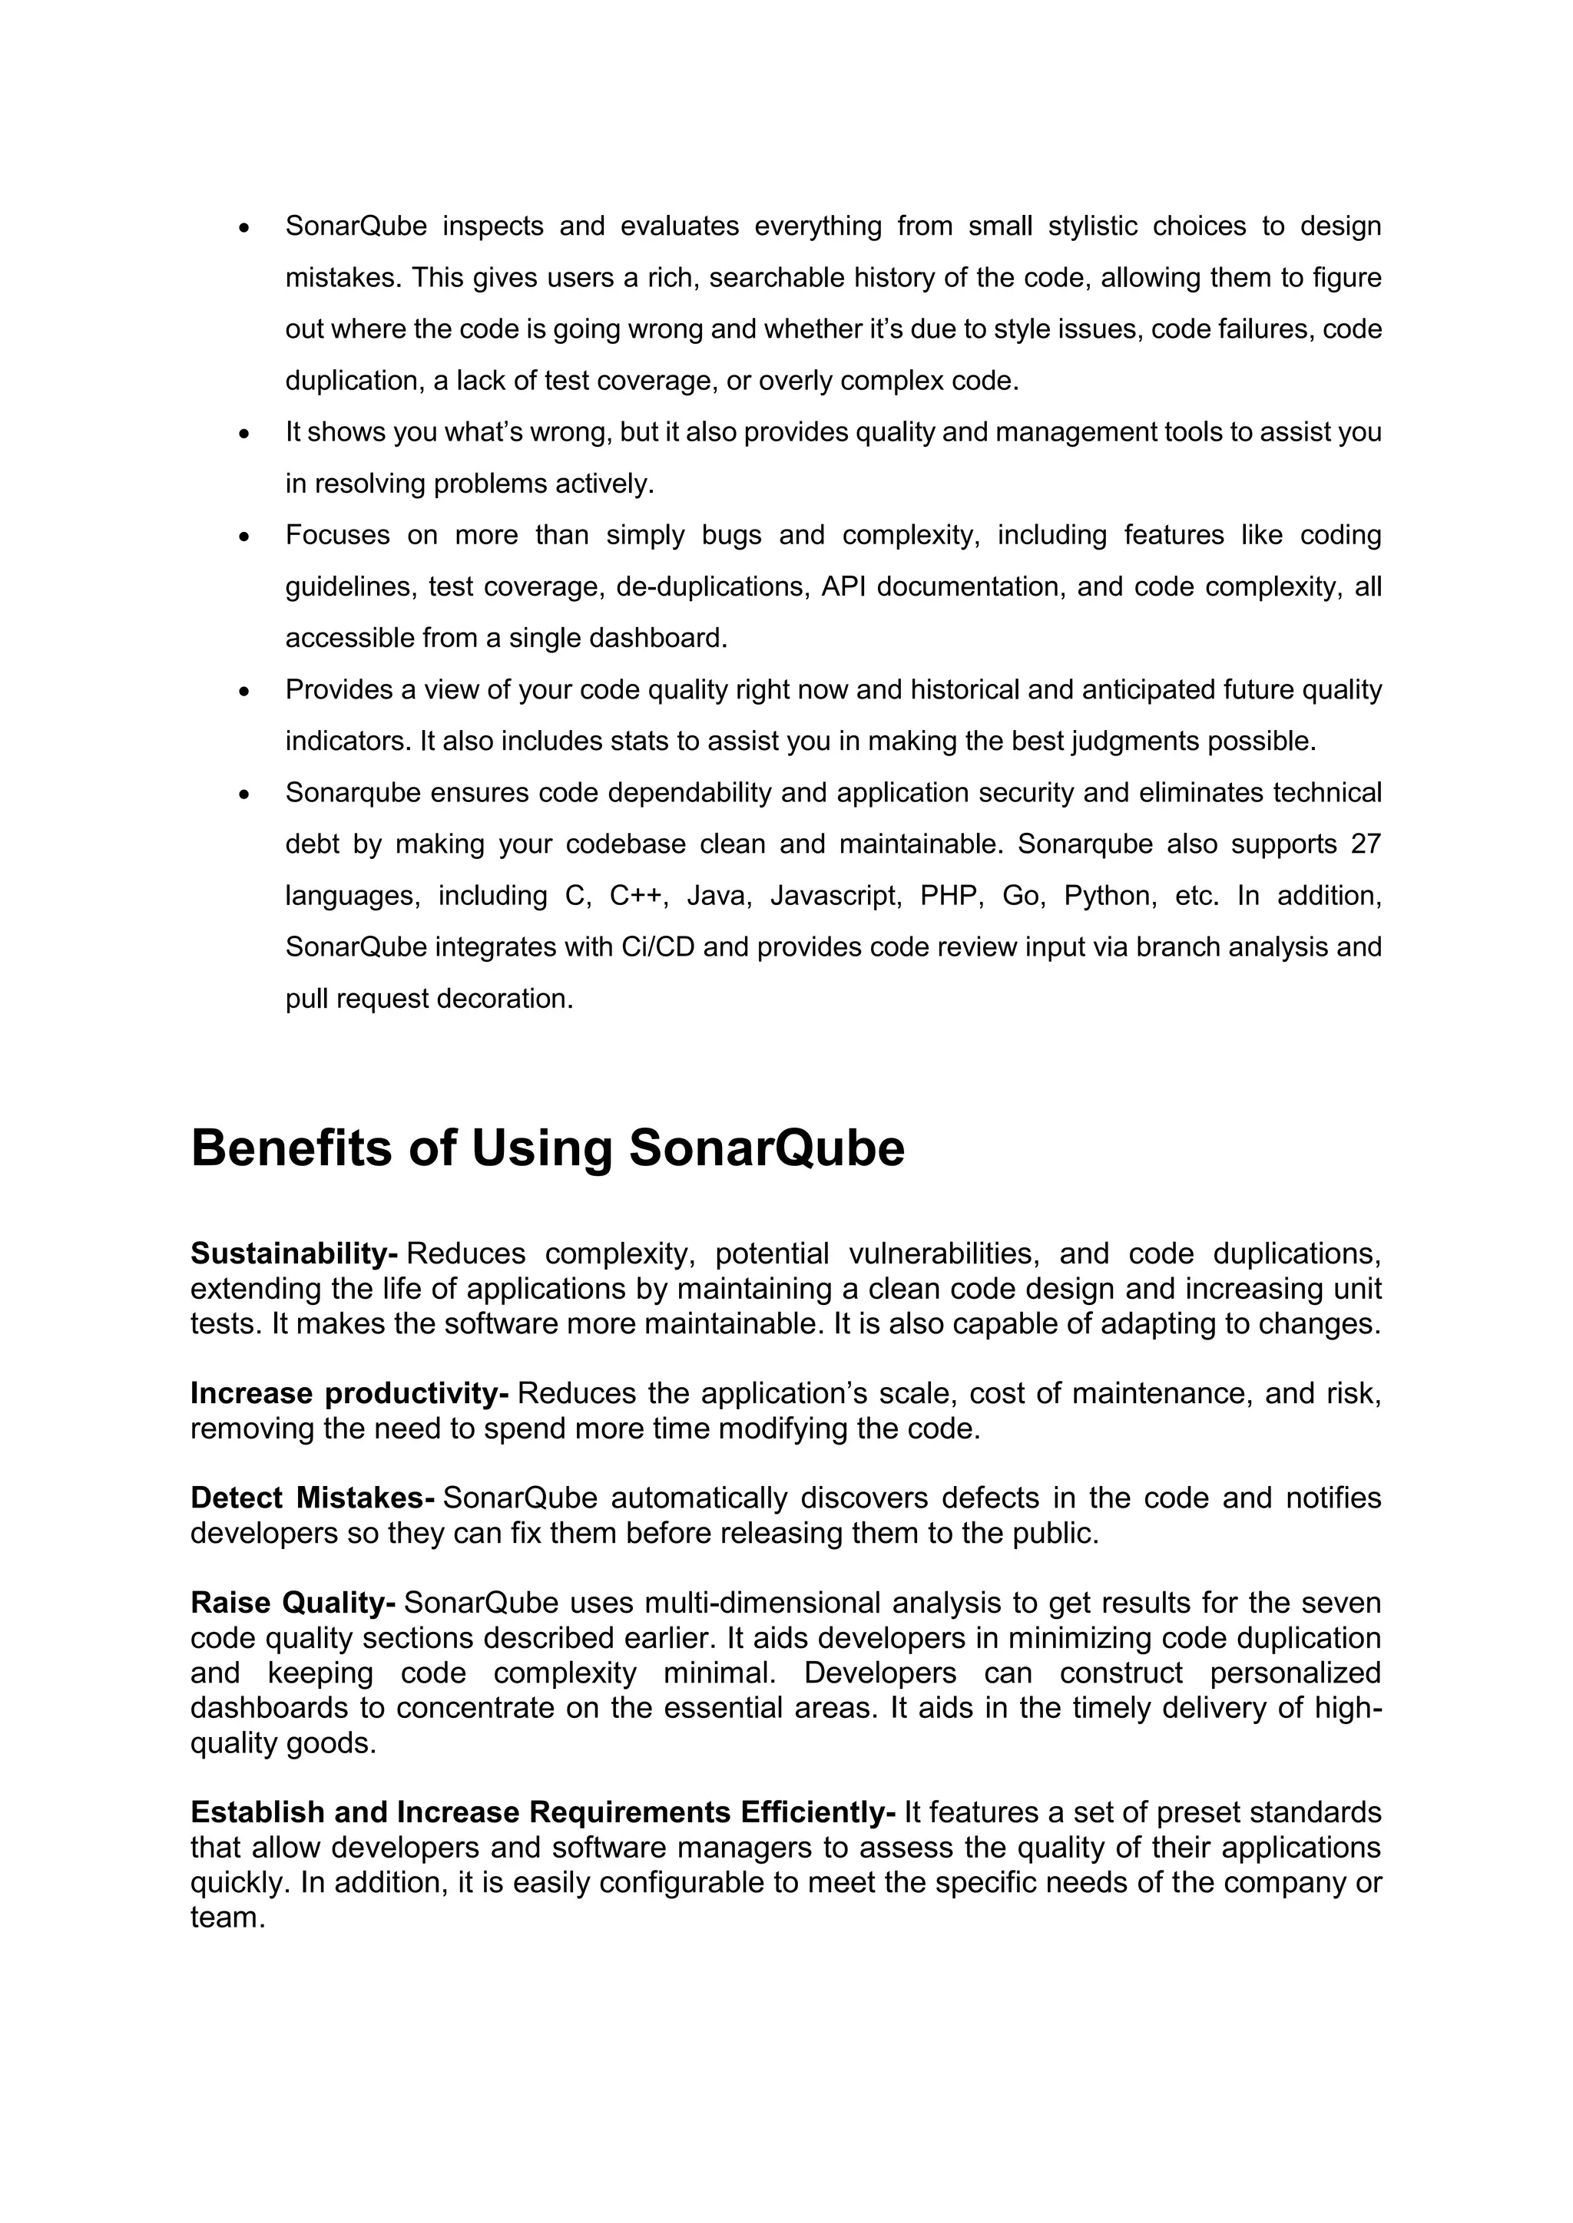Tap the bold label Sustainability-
pos(293,1254)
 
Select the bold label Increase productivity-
pos(349,1393)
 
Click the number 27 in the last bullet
pos(1365,844)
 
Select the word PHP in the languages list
pos(951,896)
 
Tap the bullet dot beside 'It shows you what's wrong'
pos(245,433)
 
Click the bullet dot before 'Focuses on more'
pos(245,536)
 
